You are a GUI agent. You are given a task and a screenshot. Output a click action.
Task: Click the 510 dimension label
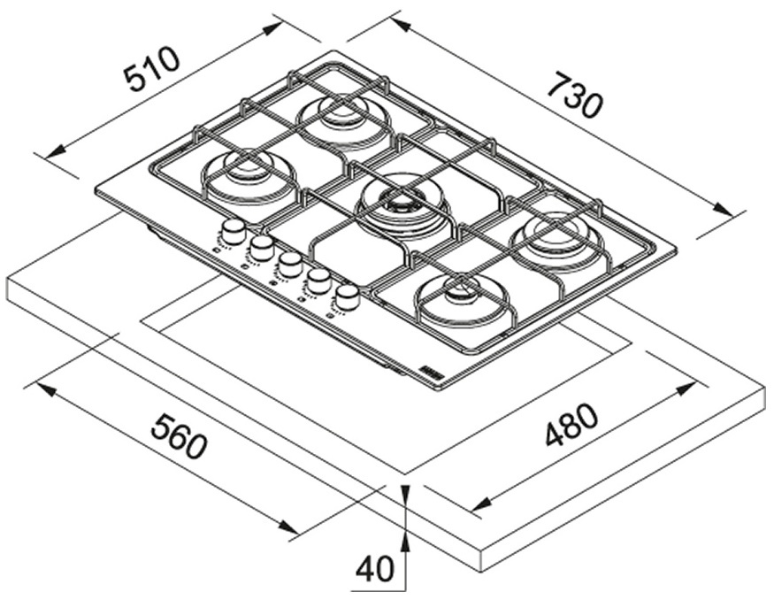click(x=153, y=68)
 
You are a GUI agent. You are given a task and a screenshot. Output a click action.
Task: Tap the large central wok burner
click(x=403, y=205)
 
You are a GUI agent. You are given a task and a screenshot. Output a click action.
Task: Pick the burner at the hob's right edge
click(x=556, y=231)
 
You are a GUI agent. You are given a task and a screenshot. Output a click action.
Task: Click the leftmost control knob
click(x=234, y=232)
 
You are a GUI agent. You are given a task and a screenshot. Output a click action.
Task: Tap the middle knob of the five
click(x=288, y=263)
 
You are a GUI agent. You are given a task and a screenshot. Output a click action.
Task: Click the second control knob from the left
click(x=261, y=248)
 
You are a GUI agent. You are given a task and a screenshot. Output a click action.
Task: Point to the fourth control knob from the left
click(x=317, y=280)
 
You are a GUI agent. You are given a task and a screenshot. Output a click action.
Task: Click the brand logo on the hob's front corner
click(x=428, y=365)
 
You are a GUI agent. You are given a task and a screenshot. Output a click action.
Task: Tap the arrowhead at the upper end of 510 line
click(x=274, y=27)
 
